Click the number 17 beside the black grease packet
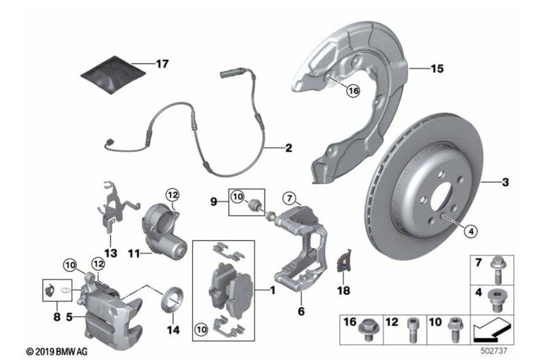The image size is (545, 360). (162, 64)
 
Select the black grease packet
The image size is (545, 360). (113, 75)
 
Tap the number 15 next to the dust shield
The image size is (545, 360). (437, 68)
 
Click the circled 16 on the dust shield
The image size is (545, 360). (353, 91)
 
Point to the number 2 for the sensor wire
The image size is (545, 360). (289, 148)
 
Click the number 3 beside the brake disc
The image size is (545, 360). (506, 182)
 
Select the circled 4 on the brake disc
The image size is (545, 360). (470, 231)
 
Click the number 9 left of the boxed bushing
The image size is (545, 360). (214, 202)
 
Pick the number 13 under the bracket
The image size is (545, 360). (111, 253)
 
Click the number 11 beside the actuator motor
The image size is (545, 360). (134, 254)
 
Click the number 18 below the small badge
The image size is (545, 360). (344, 291)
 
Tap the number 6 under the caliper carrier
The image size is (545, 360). (301, 311)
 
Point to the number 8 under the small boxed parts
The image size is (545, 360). (57, 317)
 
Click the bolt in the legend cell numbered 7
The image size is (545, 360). (497, 270)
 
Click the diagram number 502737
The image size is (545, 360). (494, 351)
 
